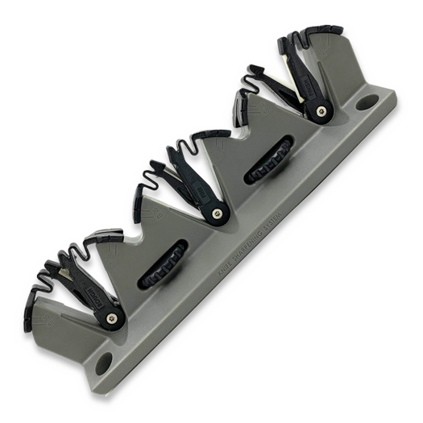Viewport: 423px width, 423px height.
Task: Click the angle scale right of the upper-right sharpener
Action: point(334,48)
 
